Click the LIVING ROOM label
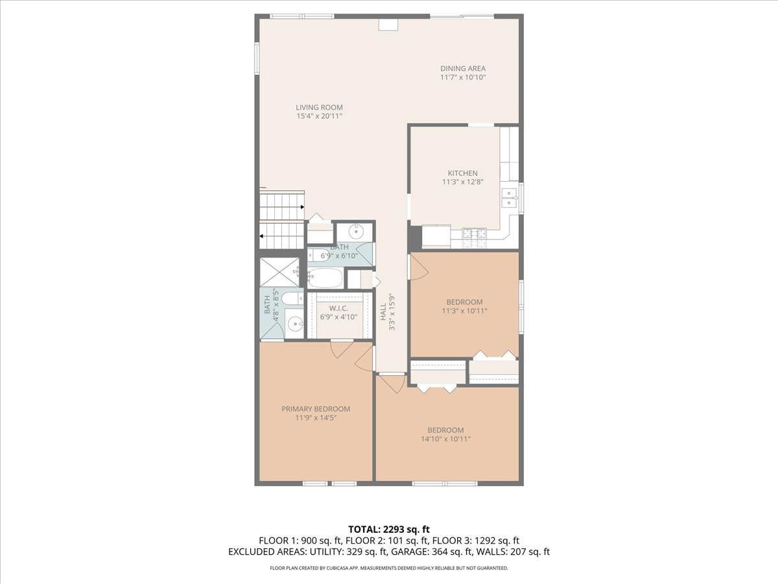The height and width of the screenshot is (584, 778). (319, 107)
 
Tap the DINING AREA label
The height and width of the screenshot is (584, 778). (462, 68)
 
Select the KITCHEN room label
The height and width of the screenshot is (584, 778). (462, 173)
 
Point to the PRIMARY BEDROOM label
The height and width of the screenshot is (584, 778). (316, 409)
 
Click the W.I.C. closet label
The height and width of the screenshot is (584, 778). (338, 308)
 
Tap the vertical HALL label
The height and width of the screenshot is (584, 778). (383, 311)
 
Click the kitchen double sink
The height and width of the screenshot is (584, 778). (509, 197)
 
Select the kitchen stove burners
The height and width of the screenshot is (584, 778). (474, 238)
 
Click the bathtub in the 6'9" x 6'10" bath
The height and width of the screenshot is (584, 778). (325, 278)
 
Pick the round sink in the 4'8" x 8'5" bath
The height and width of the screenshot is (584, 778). (294, 323)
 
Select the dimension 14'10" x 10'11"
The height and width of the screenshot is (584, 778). (445, 439)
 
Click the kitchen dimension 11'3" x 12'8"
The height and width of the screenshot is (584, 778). (462, 182)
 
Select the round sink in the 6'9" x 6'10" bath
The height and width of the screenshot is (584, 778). (356, 232)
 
